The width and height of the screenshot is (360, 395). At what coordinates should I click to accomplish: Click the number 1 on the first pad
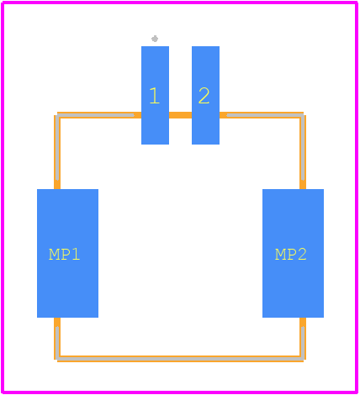(x=155, y=96)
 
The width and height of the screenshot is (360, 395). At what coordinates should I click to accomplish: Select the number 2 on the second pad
(x=204, y=96)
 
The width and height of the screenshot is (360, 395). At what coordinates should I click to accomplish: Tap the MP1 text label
(x=65, y=254)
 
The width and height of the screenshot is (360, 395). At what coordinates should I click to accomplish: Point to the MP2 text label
(x=291, y=254)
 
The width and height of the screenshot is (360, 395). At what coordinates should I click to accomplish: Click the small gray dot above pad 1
(x=155, y=39)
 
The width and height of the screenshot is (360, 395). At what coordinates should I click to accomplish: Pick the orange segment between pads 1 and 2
(x=180, y=115)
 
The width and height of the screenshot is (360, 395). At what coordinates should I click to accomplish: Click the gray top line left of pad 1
(x=95, y=115)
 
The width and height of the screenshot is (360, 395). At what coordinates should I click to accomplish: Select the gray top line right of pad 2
(x=265, y=115)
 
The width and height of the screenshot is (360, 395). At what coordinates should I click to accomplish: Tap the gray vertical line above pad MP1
(x=57, y=148)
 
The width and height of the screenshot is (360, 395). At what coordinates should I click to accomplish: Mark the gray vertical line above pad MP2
(x=303, y=148)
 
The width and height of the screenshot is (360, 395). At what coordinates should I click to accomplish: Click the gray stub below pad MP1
(x=57, y=342)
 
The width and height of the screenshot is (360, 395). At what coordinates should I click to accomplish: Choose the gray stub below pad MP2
(x=303, y=342)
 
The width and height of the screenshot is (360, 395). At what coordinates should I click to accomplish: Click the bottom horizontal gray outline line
(x=180, y=359)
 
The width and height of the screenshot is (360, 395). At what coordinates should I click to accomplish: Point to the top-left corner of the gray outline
(x=57, y=115)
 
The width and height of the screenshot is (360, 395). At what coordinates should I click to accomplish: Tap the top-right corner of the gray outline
(x=303, y=115)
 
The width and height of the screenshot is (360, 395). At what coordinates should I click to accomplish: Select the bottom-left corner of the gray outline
(x=57, y=359)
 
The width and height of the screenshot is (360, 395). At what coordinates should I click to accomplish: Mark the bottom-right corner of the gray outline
(x=303, y=359)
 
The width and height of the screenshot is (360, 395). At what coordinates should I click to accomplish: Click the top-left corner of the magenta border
(x=3, y=3)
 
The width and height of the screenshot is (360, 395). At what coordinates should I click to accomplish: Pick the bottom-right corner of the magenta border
(x=357, y=392)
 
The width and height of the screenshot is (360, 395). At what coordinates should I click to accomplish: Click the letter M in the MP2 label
(x=280, y=255)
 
